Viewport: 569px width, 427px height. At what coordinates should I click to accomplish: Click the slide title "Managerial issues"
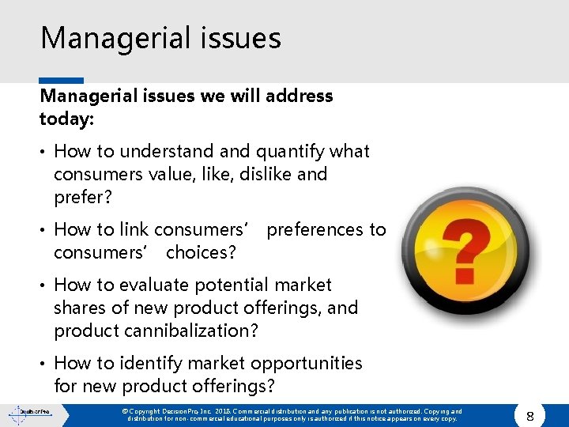(x=160, y=38)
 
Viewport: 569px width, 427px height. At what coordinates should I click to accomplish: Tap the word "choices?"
(x=202, y=253)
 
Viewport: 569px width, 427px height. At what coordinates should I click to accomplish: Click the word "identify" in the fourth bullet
(x=156, y=364)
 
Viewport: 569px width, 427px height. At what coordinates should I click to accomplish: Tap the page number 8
(x=531, y=414)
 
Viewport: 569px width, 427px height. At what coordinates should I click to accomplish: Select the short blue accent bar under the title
(x=61, y=81)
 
